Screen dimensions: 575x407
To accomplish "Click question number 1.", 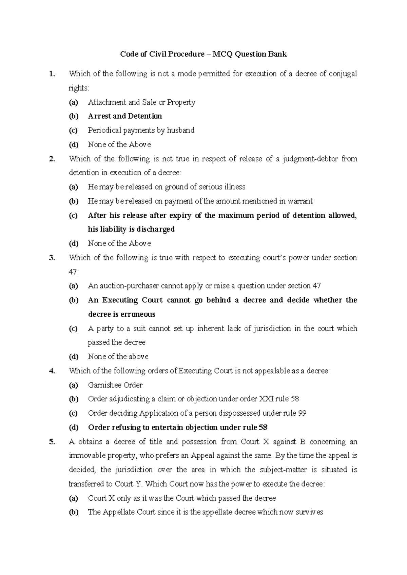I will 51,74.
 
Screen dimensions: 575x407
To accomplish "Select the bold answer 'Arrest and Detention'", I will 124,116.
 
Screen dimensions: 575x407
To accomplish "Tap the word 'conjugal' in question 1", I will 343,74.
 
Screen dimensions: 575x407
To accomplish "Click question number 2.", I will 52,159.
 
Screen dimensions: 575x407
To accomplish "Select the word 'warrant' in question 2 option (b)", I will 300,201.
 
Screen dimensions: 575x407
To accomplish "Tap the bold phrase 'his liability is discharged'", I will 131,230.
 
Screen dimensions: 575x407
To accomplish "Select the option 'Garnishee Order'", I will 115,385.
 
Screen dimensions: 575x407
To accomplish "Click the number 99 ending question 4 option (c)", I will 302,413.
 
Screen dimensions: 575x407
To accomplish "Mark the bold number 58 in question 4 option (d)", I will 263,428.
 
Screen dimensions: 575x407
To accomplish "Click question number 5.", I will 52,442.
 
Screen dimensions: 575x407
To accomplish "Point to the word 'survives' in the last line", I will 309,512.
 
